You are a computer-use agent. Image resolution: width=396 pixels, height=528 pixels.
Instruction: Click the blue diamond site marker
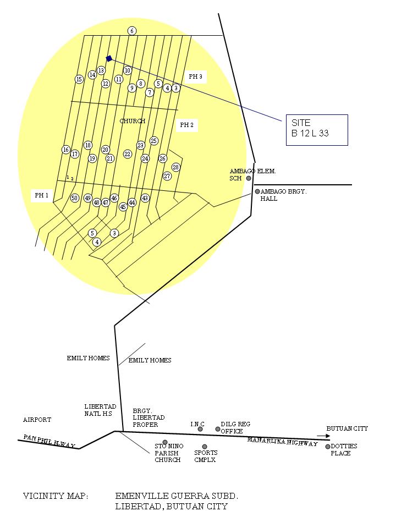pyautogui.click(x=109, y=58)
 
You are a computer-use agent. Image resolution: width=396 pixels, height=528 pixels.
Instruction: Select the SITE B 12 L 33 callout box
pyautogui.click(x=317, y=130)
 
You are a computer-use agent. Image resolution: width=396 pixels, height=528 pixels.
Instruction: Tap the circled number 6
pyautogui.click(x=132, y=31)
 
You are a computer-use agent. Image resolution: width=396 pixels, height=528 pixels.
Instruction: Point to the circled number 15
pyautogui.click(x=79, y=79)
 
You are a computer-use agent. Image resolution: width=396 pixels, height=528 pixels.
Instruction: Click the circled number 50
pyautogui.click(x=75, y=198)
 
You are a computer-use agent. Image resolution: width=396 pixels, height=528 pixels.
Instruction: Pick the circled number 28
pyautogui.click(x=176, y=167)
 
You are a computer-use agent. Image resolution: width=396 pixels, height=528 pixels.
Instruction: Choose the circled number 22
pyautogui.click(x=128, y=154)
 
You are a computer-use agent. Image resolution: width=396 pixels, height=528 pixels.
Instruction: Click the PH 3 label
pyautogui.click(x=195, y=77)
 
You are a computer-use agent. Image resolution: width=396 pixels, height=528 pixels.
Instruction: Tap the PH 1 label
pyautogui.click(x=42, y=195)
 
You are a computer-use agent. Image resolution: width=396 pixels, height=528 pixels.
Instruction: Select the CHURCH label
pyautogui.click(x=133, y=121)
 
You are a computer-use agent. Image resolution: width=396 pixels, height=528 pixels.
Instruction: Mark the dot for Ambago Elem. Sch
pyautogui.click(x=249, y=178)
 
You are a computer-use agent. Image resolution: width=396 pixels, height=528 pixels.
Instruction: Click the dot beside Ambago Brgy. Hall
pyautogui.click(x=257, y=191)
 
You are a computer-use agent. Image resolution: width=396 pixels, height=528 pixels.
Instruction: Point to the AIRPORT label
pyautogui.click(x=37, y=420)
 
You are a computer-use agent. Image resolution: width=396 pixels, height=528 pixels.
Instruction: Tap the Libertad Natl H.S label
pyautogui.click(x=100, y=410)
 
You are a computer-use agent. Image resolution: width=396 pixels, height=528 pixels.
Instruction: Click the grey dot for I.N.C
pyautogui.click(x=200, y=429)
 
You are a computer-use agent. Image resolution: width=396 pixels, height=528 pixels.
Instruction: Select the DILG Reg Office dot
pyautogui.click(x=218, y=429)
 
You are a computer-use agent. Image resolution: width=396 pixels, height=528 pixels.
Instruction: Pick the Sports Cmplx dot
pyautogui.click(x=205, y=447)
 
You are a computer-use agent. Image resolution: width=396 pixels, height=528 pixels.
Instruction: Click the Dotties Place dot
pyautogui.click(x=328, y=447)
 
